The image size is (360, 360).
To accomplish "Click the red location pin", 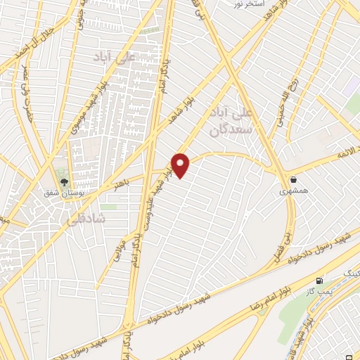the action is tap(181, 165).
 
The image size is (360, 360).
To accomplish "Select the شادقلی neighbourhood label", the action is tap(87, 219).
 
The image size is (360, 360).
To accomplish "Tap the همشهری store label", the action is tap(292, 191).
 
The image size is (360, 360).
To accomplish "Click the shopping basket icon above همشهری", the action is tap(292, 179).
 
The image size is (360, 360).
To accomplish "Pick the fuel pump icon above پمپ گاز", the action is tap(321, 280).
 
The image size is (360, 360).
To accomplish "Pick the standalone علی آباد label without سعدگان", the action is tap(122, 58).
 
